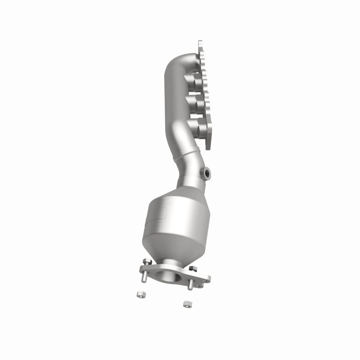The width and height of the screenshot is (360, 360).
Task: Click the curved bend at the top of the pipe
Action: click(173, 67)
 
